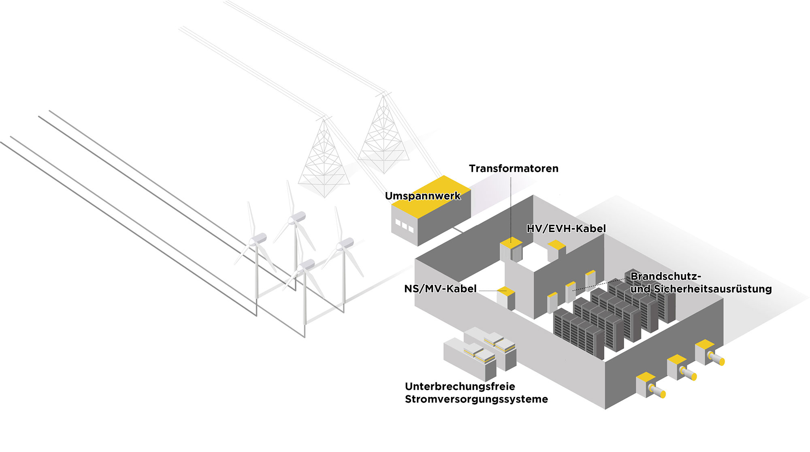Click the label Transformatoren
(514, 168)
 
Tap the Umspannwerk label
(422, 196)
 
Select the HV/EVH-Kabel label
(566, 228)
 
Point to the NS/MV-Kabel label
(440, 289)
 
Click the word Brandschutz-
(665, 276)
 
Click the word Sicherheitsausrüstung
(712, 289)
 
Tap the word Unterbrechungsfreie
(460, 386)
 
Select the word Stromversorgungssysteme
(476, 399)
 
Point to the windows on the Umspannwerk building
(404, 226)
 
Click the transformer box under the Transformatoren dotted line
(511, 251)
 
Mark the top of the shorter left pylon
(324, 119)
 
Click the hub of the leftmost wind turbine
(255, 241)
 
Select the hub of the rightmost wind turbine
(343, 244)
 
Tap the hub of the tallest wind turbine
(294, 219)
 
